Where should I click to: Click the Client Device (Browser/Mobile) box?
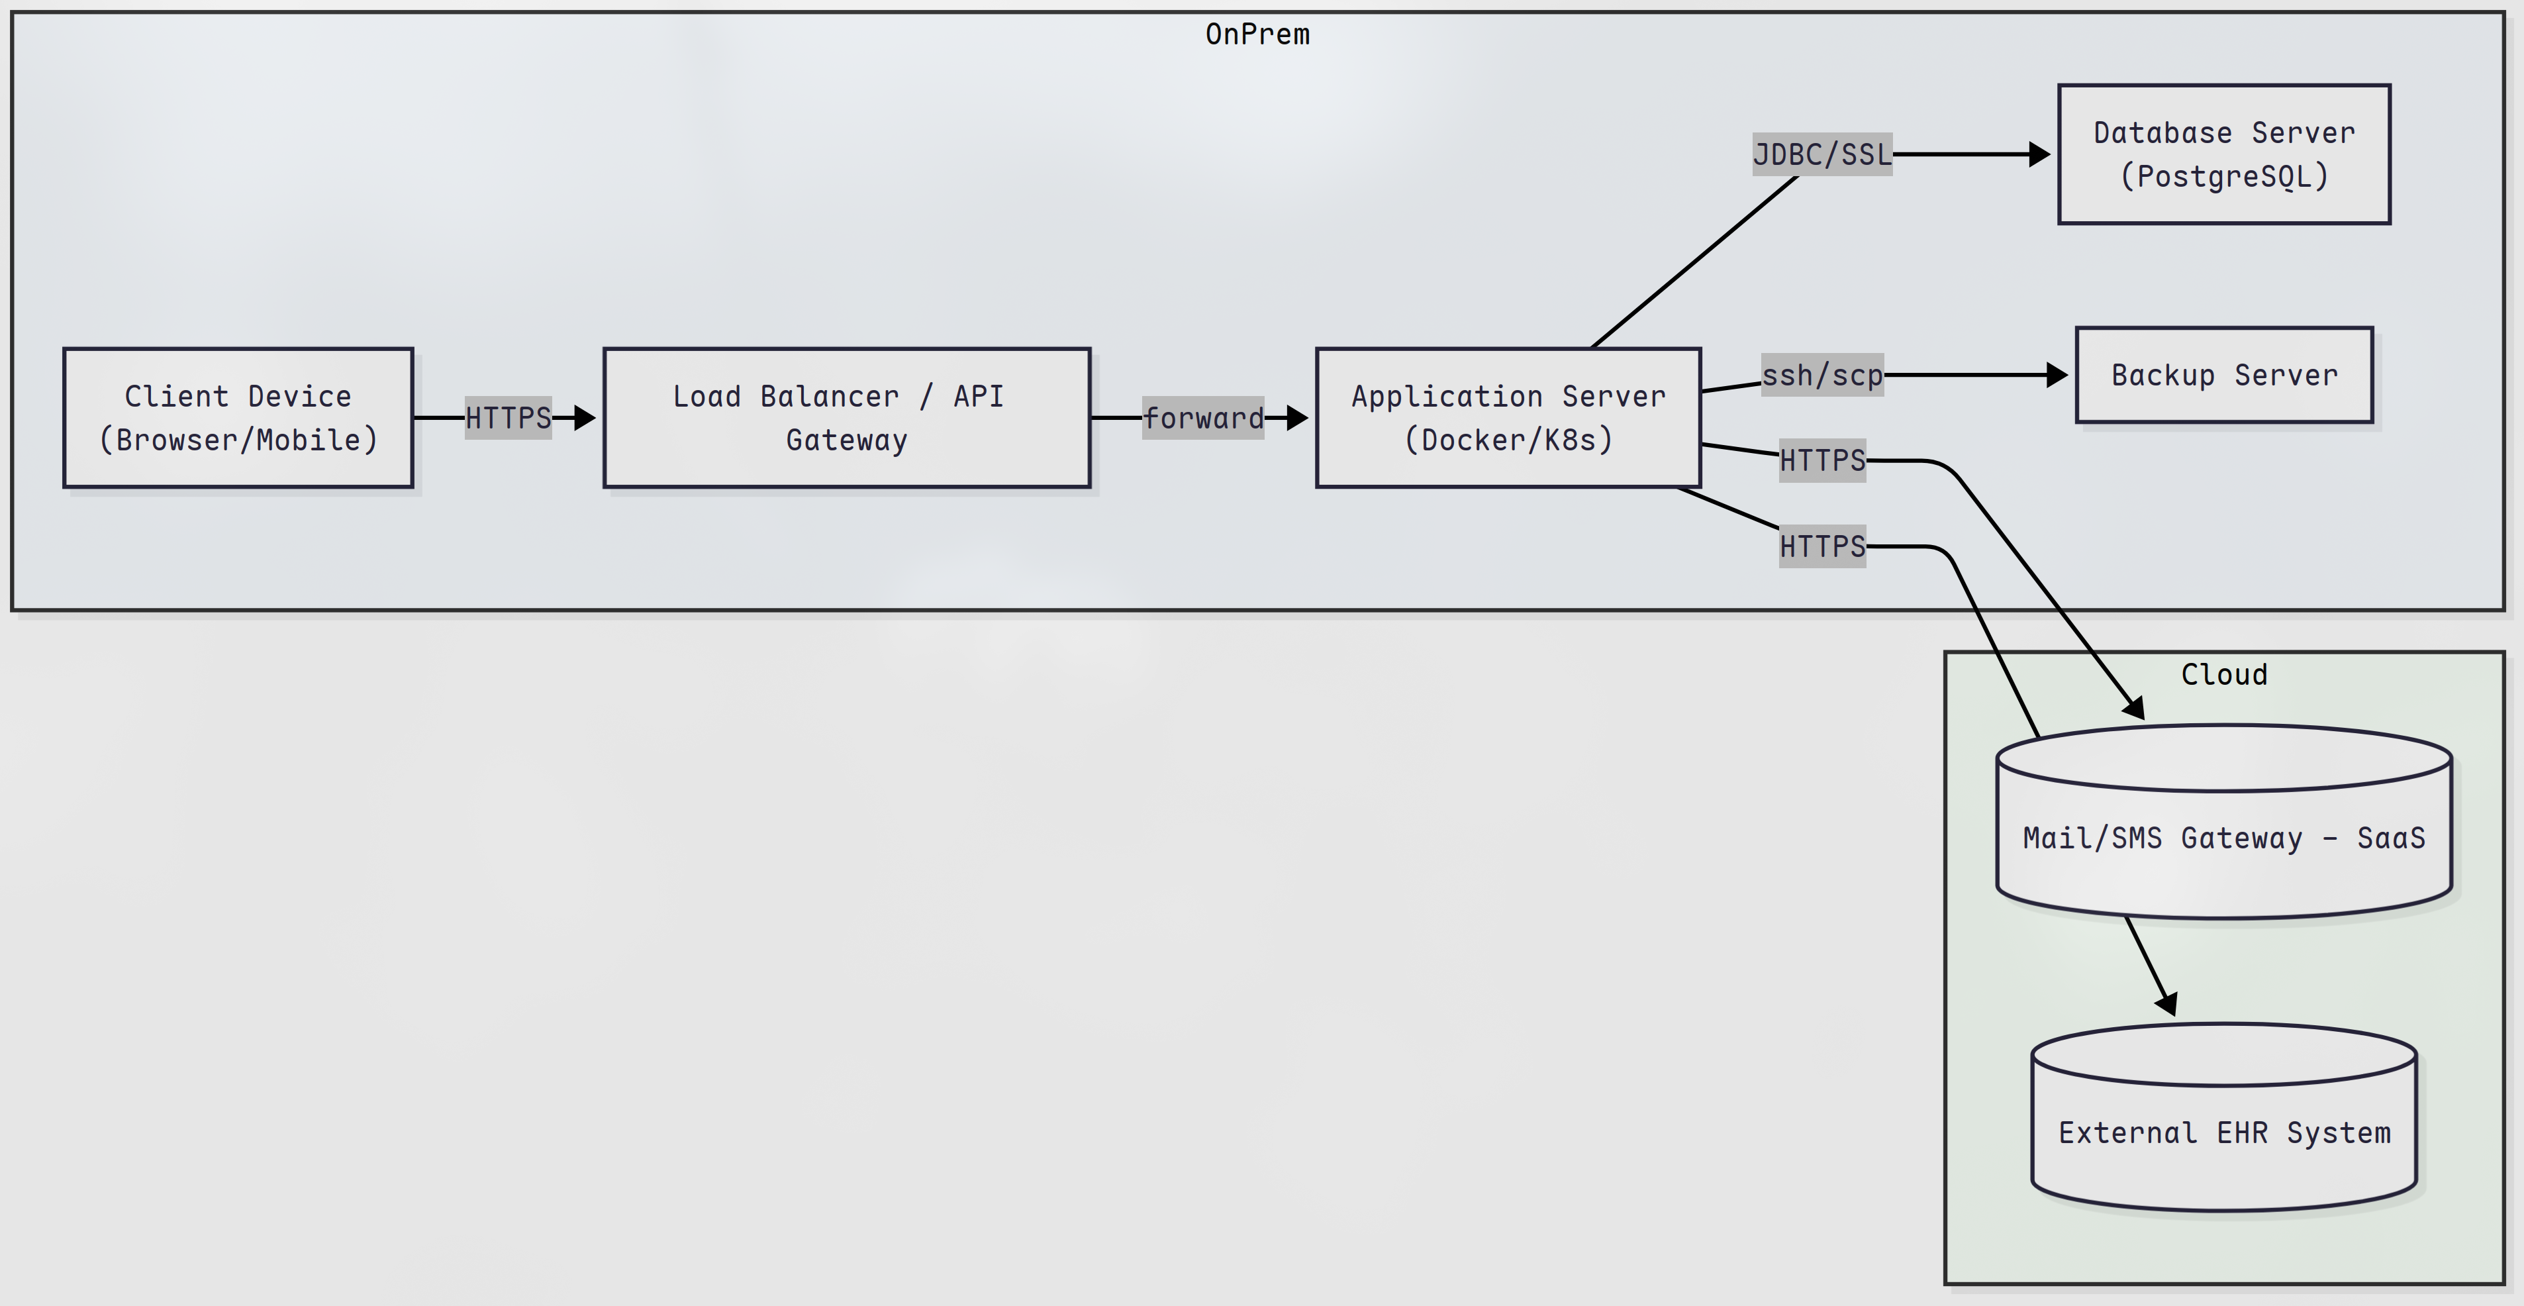(x=238, y=417)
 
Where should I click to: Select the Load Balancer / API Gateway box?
(x=847, y=417)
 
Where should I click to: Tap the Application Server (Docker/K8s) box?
(x=1508, y=417)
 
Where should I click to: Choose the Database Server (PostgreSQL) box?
(x=2224, y=154)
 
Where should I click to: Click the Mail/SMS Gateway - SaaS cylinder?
(x=2224, y=838)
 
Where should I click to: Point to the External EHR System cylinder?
(x=2224, y=1132)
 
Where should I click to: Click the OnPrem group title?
(x=1257, y=34)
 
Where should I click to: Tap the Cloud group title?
(x=2224, y=674)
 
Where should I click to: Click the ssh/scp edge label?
(x=1822, y=374)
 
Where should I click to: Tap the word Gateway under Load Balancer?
(x=847, y=440)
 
